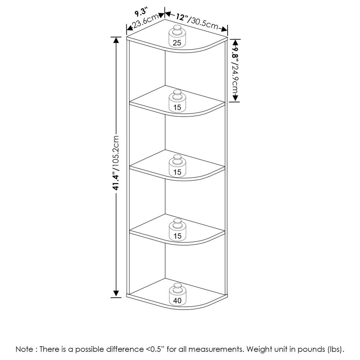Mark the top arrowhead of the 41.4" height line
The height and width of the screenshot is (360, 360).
pos(116,40)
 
